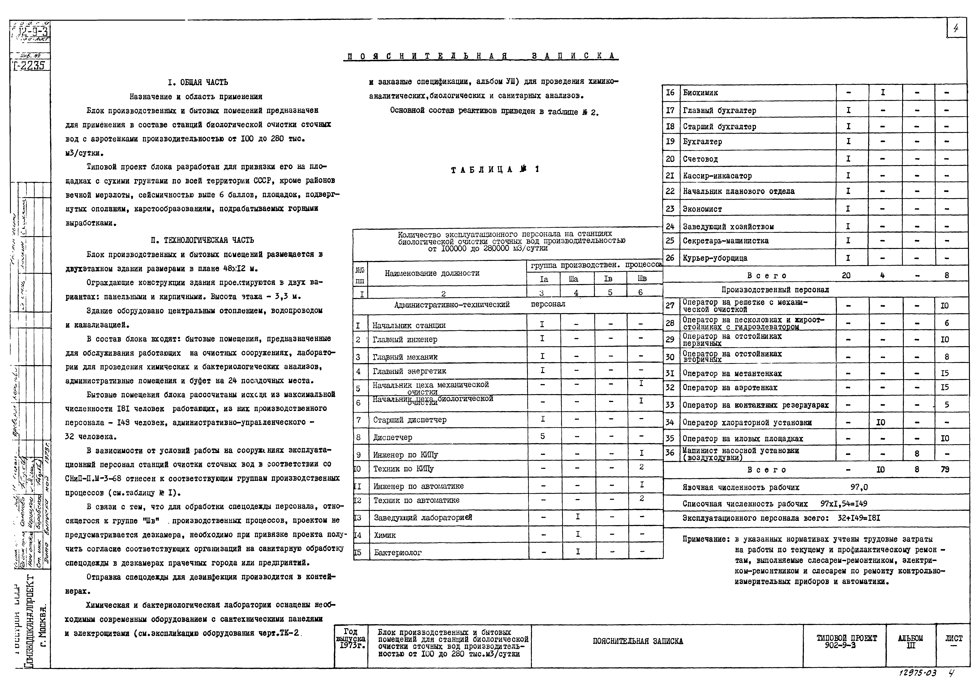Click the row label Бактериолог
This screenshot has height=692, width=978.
click(x=398, y=553)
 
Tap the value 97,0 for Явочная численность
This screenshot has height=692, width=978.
click(x=859, y=487)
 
